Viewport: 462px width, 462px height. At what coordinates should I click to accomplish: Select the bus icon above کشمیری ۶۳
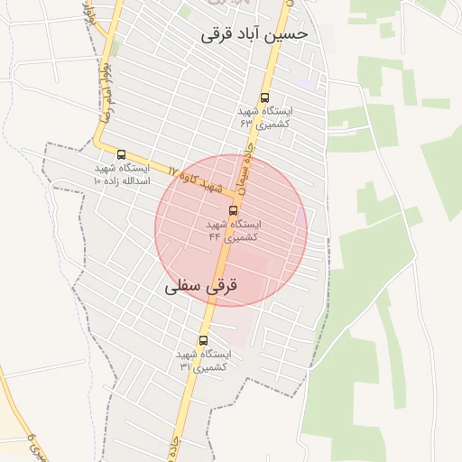click(264, 97)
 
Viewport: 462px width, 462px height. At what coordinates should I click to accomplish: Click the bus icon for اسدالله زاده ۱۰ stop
click(122, 154)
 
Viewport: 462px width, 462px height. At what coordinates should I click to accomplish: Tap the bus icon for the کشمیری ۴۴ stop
click(234, 210)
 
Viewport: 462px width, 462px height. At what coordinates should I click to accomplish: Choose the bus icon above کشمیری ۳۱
click(203, 340)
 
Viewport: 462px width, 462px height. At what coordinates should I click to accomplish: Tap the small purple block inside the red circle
click(300, 217)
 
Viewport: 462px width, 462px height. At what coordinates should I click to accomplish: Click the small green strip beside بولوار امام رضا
click(184, 12)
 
